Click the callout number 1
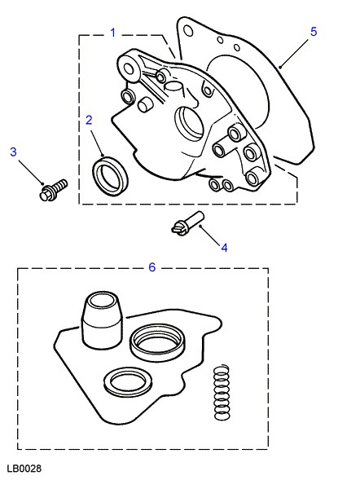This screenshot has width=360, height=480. pos(113,33)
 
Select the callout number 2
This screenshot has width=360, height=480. pos(89,120)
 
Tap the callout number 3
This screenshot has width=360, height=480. pos(13,152)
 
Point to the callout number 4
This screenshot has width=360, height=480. pos(224,248)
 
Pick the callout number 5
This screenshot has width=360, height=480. pos(314,32)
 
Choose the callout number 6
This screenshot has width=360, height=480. pos(152,267)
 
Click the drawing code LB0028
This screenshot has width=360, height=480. pos(24,469)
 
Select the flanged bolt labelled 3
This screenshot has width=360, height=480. pos(54,190)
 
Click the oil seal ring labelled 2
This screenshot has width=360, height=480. pos(111,176)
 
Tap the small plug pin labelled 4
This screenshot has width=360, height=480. pos(187,222)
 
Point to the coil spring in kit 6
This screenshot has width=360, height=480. pos(222,393)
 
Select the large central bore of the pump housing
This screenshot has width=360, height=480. pos(189,124)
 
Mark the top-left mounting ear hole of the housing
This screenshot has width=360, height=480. pos(129,69)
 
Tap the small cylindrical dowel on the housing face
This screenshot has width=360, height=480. pos(144,104)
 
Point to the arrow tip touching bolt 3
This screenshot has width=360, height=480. pos(44,184)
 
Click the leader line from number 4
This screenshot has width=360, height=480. pos(209,235)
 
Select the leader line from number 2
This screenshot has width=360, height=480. pos(97,142)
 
